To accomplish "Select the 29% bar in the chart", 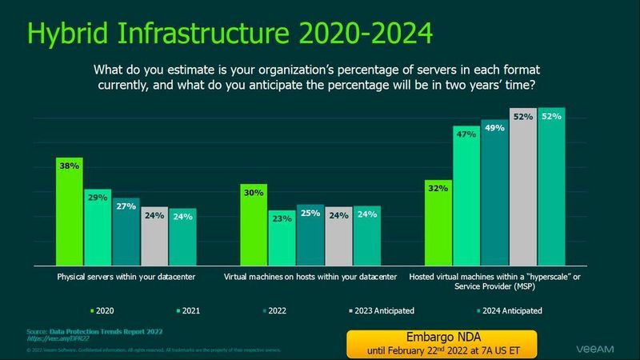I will tap(98, 228).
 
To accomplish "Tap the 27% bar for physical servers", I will tap(126, 232).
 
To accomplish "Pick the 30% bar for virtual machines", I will tap(254, 226).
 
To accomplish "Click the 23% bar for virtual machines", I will tap(282, 238).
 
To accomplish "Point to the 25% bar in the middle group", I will tap(310, 235).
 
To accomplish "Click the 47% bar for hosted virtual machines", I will tap(466, 196).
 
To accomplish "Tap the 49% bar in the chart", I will tap(494, 193).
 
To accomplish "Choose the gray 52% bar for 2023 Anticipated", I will tap(522, 187).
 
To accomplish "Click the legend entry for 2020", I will tap(102, 310).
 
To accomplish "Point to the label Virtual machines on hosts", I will tap(310, 278).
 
